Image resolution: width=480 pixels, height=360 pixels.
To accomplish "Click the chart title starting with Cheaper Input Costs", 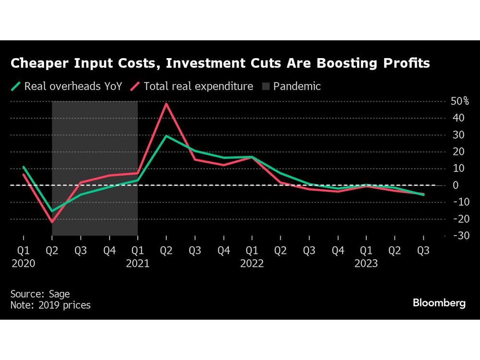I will (220, 63).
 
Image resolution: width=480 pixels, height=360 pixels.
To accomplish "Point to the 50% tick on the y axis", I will (459, 101).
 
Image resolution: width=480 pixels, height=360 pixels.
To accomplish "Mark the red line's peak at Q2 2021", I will (166, 104).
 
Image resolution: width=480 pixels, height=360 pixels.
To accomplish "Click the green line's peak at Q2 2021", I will (166, 136).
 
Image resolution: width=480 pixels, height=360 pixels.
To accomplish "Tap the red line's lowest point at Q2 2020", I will (52, 222).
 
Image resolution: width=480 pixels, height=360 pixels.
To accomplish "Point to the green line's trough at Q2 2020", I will (52, 211).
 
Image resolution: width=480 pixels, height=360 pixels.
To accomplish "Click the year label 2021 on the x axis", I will (138, 264).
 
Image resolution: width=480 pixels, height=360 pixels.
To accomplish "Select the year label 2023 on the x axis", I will (366, 264).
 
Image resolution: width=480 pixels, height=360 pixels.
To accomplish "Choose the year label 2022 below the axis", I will (252, 264).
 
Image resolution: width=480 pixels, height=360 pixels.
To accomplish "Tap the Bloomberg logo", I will (439, 303).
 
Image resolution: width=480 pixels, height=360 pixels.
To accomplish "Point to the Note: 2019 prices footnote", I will (50, 305).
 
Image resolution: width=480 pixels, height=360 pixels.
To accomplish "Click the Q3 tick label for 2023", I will (423, 250).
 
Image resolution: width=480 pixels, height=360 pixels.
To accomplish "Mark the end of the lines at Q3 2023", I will (423, 194).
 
